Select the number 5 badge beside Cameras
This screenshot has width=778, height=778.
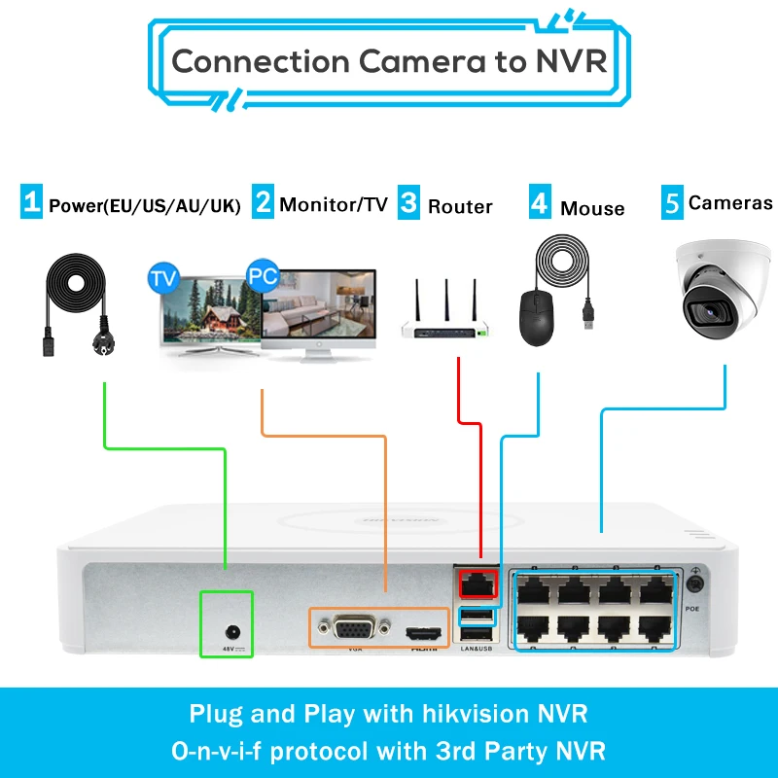click(672, 203)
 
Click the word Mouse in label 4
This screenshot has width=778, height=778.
click(592, 208)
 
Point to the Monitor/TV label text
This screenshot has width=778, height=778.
click(334, 204)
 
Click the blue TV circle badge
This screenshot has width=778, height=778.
click(164, 278)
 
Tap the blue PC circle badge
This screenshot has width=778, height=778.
click(262, 275)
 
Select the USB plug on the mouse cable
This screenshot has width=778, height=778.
click(588, 313)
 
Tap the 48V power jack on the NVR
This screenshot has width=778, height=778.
click(227, 619)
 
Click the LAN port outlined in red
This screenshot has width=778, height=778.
click(477, 583)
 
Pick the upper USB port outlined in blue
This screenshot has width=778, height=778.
click(477, 615)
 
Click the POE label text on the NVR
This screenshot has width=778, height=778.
click(692, 608)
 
